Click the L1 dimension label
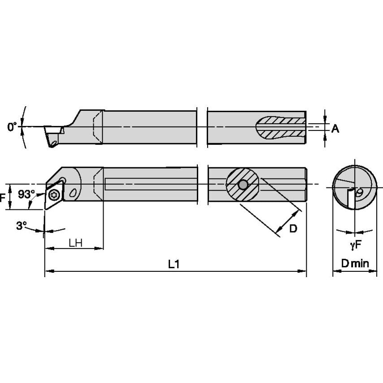click(174, 264)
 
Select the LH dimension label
click(75, 242)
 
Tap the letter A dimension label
click(335, 129)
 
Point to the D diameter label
click(292, 228)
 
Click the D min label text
click(354, 264)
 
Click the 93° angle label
click(26, 195)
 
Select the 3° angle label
click(22, 226)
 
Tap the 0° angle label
click(12, 127)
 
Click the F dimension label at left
click(3, 196)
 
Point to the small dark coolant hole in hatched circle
click(243, 184)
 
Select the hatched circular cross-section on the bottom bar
click(243, 184)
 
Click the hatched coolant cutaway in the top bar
click(282, 127)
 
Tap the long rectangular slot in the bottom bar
click(151, 184)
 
